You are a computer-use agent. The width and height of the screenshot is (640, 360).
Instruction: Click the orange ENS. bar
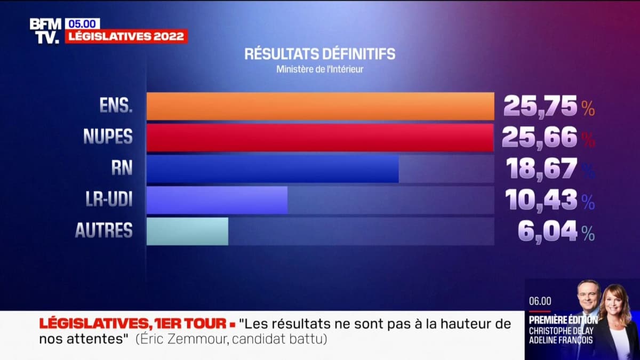coord(320,106)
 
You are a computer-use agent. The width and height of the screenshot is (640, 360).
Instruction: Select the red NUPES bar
coord(320,138)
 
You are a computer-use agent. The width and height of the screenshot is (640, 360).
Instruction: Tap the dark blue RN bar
coord(273,169)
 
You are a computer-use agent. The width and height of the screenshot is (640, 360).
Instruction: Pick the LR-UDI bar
coord(217,200)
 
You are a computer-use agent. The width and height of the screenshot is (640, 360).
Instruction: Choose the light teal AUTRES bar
coord(187,231)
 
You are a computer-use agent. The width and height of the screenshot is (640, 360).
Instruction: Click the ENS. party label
coord(115,106)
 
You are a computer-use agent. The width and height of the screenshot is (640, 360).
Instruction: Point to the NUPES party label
coord(108,137)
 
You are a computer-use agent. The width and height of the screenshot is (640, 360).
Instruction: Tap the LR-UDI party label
coord(109,199)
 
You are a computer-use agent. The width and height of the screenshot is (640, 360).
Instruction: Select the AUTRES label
coord(103,230)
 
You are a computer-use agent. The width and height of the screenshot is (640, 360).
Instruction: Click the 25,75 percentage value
coord(540,107)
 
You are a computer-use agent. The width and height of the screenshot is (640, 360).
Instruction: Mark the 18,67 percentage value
coord(542,169)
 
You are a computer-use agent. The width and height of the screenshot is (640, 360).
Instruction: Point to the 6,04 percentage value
coord(548,231)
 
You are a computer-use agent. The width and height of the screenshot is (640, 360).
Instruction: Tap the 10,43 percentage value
coord(542,201)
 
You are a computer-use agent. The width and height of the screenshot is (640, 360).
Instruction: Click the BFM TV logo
coord(46,30)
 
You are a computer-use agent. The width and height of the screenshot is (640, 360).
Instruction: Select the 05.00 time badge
coord(82,23)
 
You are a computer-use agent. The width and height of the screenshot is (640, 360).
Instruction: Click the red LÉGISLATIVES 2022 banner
coord(126,36)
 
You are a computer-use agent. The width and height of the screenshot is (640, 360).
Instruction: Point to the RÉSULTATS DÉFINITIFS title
coord(320,54)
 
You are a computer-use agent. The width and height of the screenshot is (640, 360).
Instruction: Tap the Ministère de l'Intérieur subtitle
coord(320,69)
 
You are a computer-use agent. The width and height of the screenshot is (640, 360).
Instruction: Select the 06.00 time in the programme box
coord(540,301)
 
